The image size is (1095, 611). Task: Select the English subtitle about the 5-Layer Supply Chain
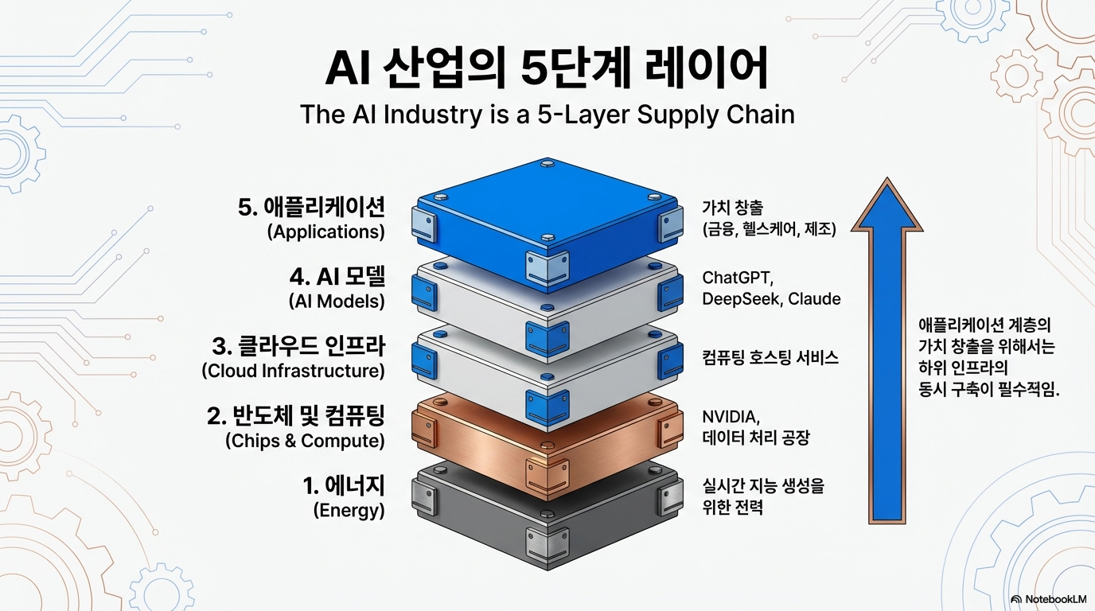coord(547,115)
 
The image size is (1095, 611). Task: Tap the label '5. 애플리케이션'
coord(311,207)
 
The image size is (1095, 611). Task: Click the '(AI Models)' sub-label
coord(337,302)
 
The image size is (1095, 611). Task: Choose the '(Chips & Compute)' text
coord(305,440)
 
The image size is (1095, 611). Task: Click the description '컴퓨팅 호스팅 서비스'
coord(770,357)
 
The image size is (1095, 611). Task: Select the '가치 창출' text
coord(732,208)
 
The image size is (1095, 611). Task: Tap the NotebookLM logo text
coord(1054,598)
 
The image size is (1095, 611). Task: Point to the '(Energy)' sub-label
coord(349,510)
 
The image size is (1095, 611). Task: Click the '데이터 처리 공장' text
coord(755,438)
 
